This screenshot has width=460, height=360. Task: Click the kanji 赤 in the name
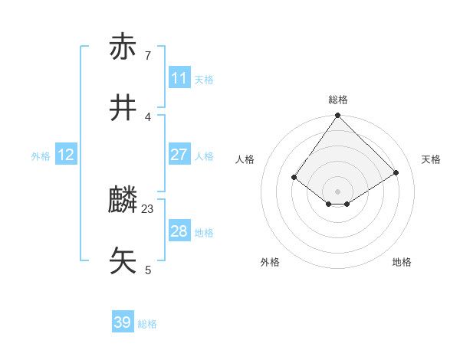[123, 47]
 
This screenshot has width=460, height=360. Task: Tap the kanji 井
[123, 108]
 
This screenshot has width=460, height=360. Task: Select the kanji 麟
[123, 201]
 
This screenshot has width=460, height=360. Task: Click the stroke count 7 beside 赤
[147, 56]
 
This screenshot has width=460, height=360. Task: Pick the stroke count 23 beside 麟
[148, 208]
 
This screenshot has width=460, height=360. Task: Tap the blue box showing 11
[179, 78]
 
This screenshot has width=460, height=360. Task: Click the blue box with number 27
[179, 155]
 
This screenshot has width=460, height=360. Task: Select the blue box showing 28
[179, 231]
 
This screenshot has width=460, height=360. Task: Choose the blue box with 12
[66, 155]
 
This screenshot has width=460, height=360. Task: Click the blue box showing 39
[123, 322]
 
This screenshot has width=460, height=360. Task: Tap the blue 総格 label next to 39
[147, 324]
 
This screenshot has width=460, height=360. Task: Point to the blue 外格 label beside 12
[41, 156]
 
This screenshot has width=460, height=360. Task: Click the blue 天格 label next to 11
[204, 80]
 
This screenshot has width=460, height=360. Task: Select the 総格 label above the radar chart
[338, 100]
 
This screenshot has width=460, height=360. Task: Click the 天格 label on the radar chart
[431, 159]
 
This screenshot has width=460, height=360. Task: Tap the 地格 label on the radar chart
[402, 262]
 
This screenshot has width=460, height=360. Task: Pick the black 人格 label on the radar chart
[245, 159]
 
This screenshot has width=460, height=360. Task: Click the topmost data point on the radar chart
[337, 116]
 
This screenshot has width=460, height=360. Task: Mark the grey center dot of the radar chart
[337, 191]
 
